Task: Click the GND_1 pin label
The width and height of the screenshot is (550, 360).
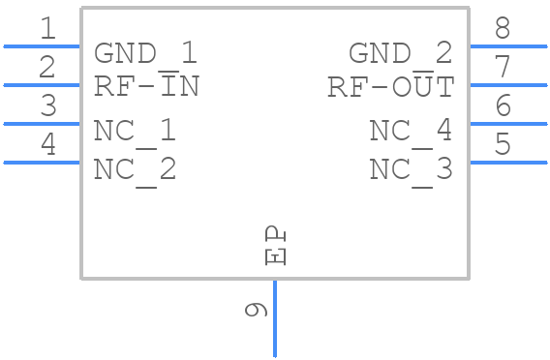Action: pos(145,53)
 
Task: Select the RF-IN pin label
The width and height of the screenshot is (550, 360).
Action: pos(146,85)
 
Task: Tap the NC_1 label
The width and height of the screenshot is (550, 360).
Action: pos(135,133)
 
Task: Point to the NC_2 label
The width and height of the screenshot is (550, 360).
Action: pos(135,171)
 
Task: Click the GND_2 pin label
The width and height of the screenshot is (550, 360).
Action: pos(400,53)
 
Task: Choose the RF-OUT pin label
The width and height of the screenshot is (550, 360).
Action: pos(391,85)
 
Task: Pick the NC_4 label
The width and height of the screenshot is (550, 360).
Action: pos(411,133)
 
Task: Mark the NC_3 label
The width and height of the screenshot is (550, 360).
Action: pos(411,171)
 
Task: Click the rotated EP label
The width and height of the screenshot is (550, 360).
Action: pos(275,246)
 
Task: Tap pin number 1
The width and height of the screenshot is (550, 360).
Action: pos(48,28)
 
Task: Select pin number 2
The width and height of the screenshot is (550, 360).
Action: pos(47,67)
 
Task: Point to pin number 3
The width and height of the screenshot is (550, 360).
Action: pos(48,105)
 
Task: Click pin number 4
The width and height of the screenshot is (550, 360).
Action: pos(48,144)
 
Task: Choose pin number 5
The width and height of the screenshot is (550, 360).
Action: pos(503,143)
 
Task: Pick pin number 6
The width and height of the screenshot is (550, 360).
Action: pos(503,105)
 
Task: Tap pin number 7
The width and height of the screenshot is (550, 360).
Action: pos(503,66)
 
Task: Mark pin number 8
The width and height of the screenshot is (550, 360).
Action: pos(503,28)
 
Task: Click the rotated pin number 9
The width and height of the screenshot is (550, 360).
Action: pos(256,310)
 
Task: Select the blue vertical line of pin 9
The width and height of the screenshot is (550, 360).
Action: pos(275,318)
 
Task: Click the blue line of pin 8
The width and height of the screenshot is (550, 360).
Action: pos(508,46)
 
